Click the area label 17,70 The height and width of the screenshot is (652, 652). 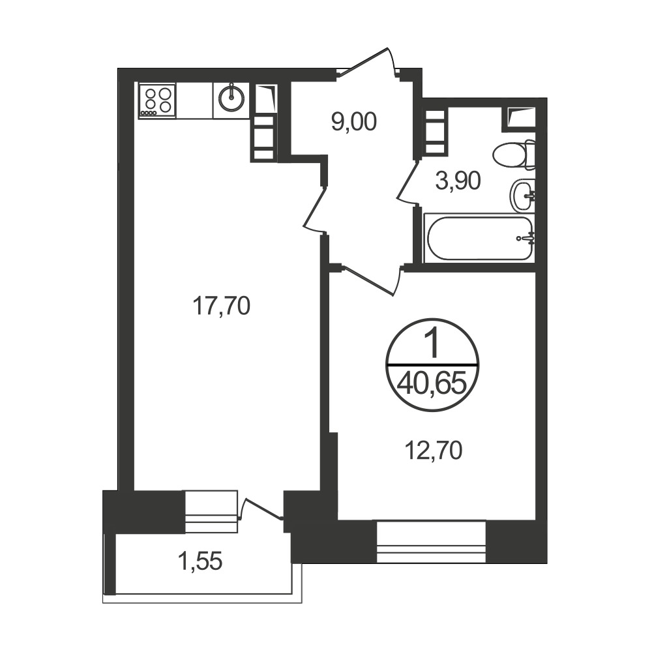pyautogui.click(x=221, y=306)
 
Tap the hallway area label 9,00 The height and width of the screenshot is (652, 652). pyautogui.click(x=354, y=123)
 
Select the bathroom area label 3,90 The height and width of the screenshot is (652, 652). pyautogui.click(x=458, y=181)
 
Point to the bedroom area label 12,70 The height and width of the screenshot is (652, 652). pyautogui.click(x=434, y=451)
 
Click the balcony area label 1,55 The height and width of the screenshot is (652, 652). pyautogui.click(x=200, y=561)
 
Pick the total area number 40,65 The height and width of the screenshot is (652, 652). pyautogui.click(x=431, y=383)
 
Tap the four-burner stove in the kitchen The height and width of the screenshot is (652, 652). pyautogui.click(x=157, y=100)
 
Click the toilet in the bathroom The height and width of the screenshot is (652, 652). pyautogui.click(x=514, y=155)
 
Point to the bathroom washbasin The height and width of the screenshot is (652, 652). pyautogui.click(x=522, y=196)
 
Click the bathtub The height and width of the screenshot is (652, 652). pyautogui.click(x=480, y=238)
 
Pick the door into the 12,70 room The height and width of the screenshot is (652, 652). pyautogui.click(x=371, y=281)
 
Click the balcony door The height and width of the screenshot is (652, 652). pyautogui.click(x=261, y=508)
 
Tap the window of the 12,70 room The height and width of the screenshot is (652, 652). pyautogui.click(x=431, y=541)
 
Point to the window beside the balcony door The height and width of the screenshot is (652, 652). pyautogui.click(x=211, y=511)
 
